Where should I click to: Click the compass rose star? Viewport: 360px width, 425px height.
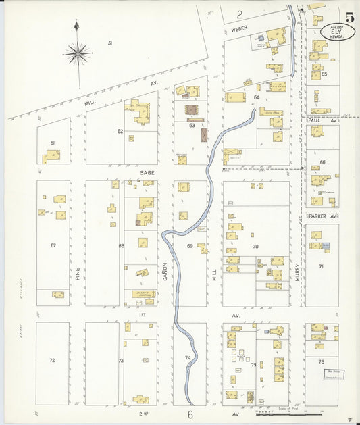[78, 52]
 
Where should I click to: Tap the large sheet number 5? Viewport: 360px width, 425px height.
[349, 18]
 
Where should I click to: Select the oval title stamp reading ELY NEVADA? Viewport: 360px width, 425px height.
[338, 32]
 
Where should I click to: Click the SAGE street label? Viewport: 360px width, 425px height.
[147, 173]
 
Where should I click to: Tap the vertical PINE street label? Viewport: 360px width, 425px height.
[78, 273]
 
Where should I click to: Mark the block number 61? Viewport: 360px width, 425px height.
[53, 143]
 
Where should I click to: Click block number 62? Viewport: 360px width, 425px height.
[120, 131]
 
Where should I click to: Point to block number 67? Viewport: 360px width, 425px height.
[53, 245]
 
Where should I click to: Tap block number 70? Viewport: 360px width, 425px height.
[255, 247]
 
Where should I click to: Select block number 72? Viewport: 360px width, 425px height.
[52, 360]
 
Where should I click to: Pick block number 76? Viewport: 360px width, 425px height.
[321, 361]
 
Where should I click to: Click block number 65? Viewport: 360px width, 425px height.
[324, 74]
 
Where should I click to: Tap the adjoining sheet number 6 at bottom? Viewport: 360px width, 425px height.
[190, 414]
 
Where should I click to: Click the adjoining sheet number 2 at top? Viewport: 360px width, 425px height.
[239, 14]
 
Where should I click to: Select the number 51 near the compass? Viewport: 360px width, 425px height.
[109, 43]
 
